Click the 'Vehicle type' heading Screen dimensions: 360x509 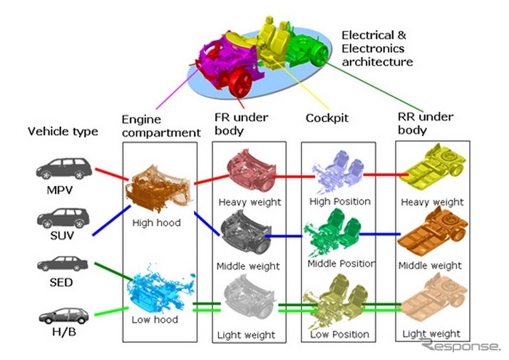click(x=63, y=131)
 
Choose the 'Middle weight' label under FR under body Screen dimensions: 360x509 click(x=248, y=266)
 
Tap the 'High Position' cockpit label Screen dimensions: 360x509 click(x=340, y=201)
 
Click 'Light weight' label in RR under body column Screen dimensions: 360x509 click(x=431, y=334)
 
